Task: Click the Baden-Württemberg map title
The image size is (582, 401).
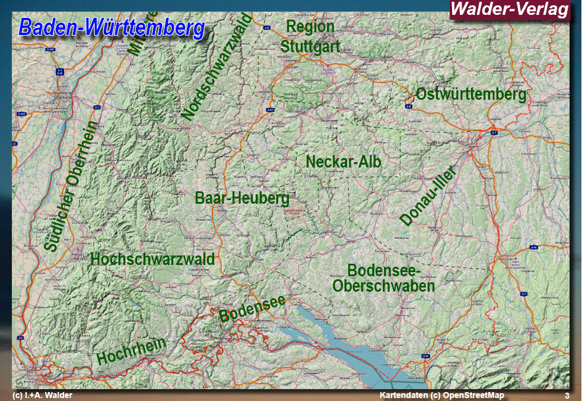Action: coord(112,27)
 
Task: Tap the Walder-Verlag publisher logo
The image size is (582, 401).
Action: coord(510,10)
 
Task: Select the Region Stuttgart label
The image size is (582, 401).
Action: coord(310,36)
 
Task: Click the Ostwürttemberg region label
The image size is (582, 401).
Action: coord(471,94)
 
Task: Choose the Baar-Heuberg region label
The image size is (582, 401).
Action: coord(242,198)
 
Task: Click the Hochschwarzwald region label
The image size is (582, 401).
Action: coord(152,259)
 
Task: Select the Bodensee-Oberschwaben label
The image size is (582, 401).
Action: coord(384,277)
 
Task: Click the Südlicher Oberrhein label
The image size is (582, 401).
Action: coord(71,187)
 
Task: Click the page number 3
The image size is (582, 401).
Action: coord(567,396)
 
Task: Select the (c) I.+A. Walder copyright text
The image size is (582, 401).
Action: coord(43,396)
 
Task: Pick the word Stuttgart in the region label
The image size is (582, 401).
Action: coord(310,46)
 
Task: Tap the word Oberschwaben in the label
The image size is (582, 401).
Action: coord(384,286)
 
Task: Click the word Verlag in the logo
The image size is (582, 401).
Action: coord(541,10)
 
